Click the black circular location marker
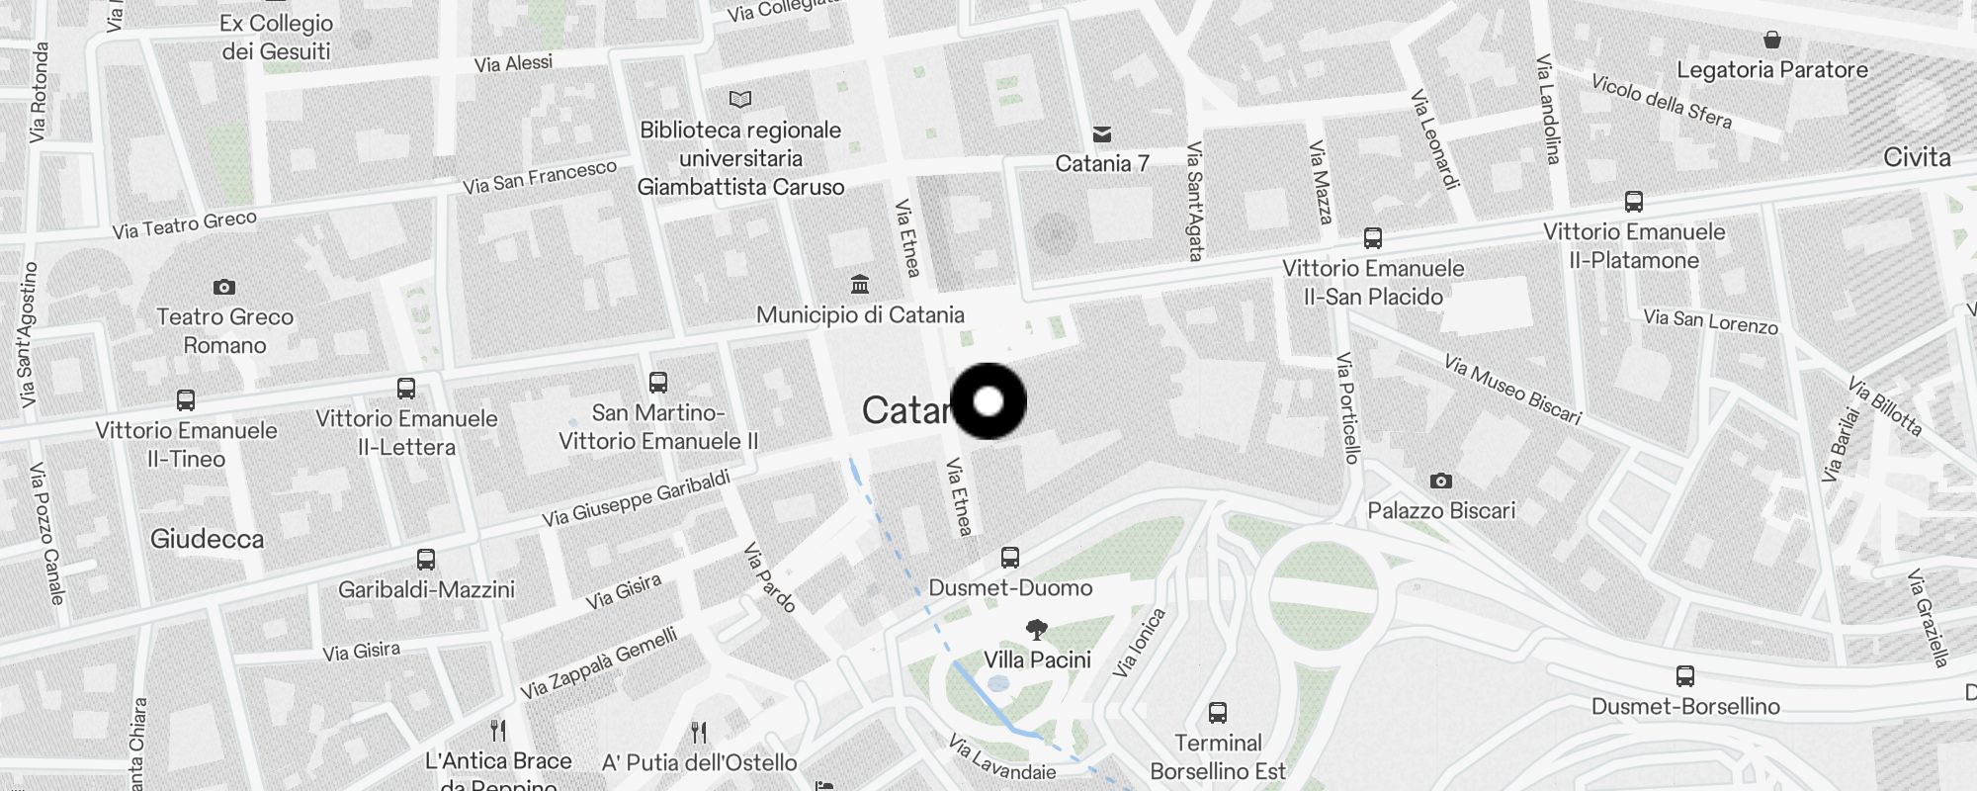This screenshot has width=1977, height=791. tap(988, 401)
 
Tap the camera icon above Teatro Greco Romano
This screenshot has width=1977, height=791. tap(224, 287)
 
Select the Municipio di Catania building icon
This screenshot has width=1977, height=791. tap(860, 285)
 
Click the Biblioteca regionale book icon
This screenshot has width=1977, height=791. tap(740, 99)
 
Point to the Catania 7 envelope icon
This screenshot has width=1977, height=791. tap(1102, 134)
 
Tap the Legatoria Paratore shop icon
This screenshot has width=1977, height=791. tap(1772, 40)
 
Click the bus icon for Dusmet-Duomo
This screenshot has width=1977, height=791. tap(1009, 558)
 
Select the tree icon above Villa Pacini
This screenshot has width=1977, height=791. tap(1037, 629)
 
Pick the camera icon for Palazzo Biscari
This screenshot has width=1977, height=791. tap(1441, 481)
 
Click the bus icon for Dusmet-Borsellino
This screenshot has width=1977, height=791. tap(1685, 676)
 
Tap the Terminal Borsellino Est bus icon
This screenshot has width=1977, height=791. tap(1218, 713)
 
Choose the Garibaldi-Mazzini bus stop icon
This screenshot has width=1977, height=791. tap(426, 560)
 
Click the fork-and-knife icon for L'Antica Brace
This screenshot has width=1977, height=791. tap(498, 731)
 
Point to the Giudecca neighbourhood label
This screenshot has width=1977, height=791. tap(208, 539)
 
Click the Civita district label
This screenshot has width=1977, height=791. tap(1917, 157)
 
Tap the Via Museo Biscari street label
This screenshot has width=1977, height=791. tap(1512, 390)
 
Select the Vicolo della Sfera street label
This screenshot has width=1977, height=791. tap(1662, 102)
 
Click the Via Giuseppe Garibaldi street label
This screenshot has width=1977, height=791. tap(636, 498)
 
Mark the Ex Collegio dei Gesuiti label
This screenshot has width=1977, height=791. tap(277, 38)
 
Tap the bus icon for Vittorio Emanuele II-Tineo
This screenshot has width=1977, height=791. tap(186, 400)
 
